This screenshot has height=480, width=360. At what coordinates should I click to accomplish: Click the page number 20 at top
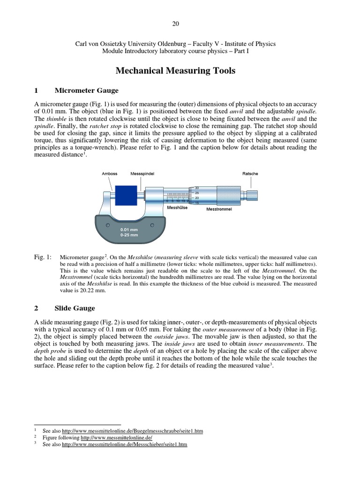(175, 24)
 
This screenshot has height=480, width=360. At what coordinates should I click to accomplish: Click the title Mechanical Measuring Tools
(175, 71)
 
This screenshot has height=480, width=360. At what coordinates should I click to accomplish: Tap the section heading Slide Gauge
(75, 308)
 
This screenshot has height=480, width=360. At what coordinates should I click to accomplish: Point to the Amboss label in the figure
(109, 174)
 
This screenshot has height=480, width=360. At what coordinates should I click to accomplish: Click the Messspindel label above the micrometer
(142, 174)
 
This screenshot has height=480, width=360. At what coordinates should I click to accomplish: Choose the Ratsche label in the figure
(250, 174)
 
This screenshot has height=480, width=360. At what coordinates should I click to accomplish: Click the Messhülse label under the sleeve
(177, 207)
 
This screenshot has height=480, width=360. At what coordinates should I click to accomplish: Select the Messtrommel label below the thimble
(219, 209)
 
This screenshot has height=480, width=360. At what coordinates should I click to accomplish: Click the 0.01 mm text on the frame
(129, 230)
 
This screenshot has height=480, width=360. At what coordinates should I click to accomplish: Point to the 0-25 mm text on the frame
(129, 235)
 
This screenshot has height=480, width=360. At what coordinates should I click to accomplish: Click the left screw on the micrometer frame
(108, 225)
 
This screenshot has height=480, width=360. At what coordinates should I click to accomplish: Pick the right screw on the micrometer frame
(152, 225)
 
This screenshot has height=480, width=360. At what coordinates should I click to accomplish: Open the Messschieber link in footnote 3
(125, 444)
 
